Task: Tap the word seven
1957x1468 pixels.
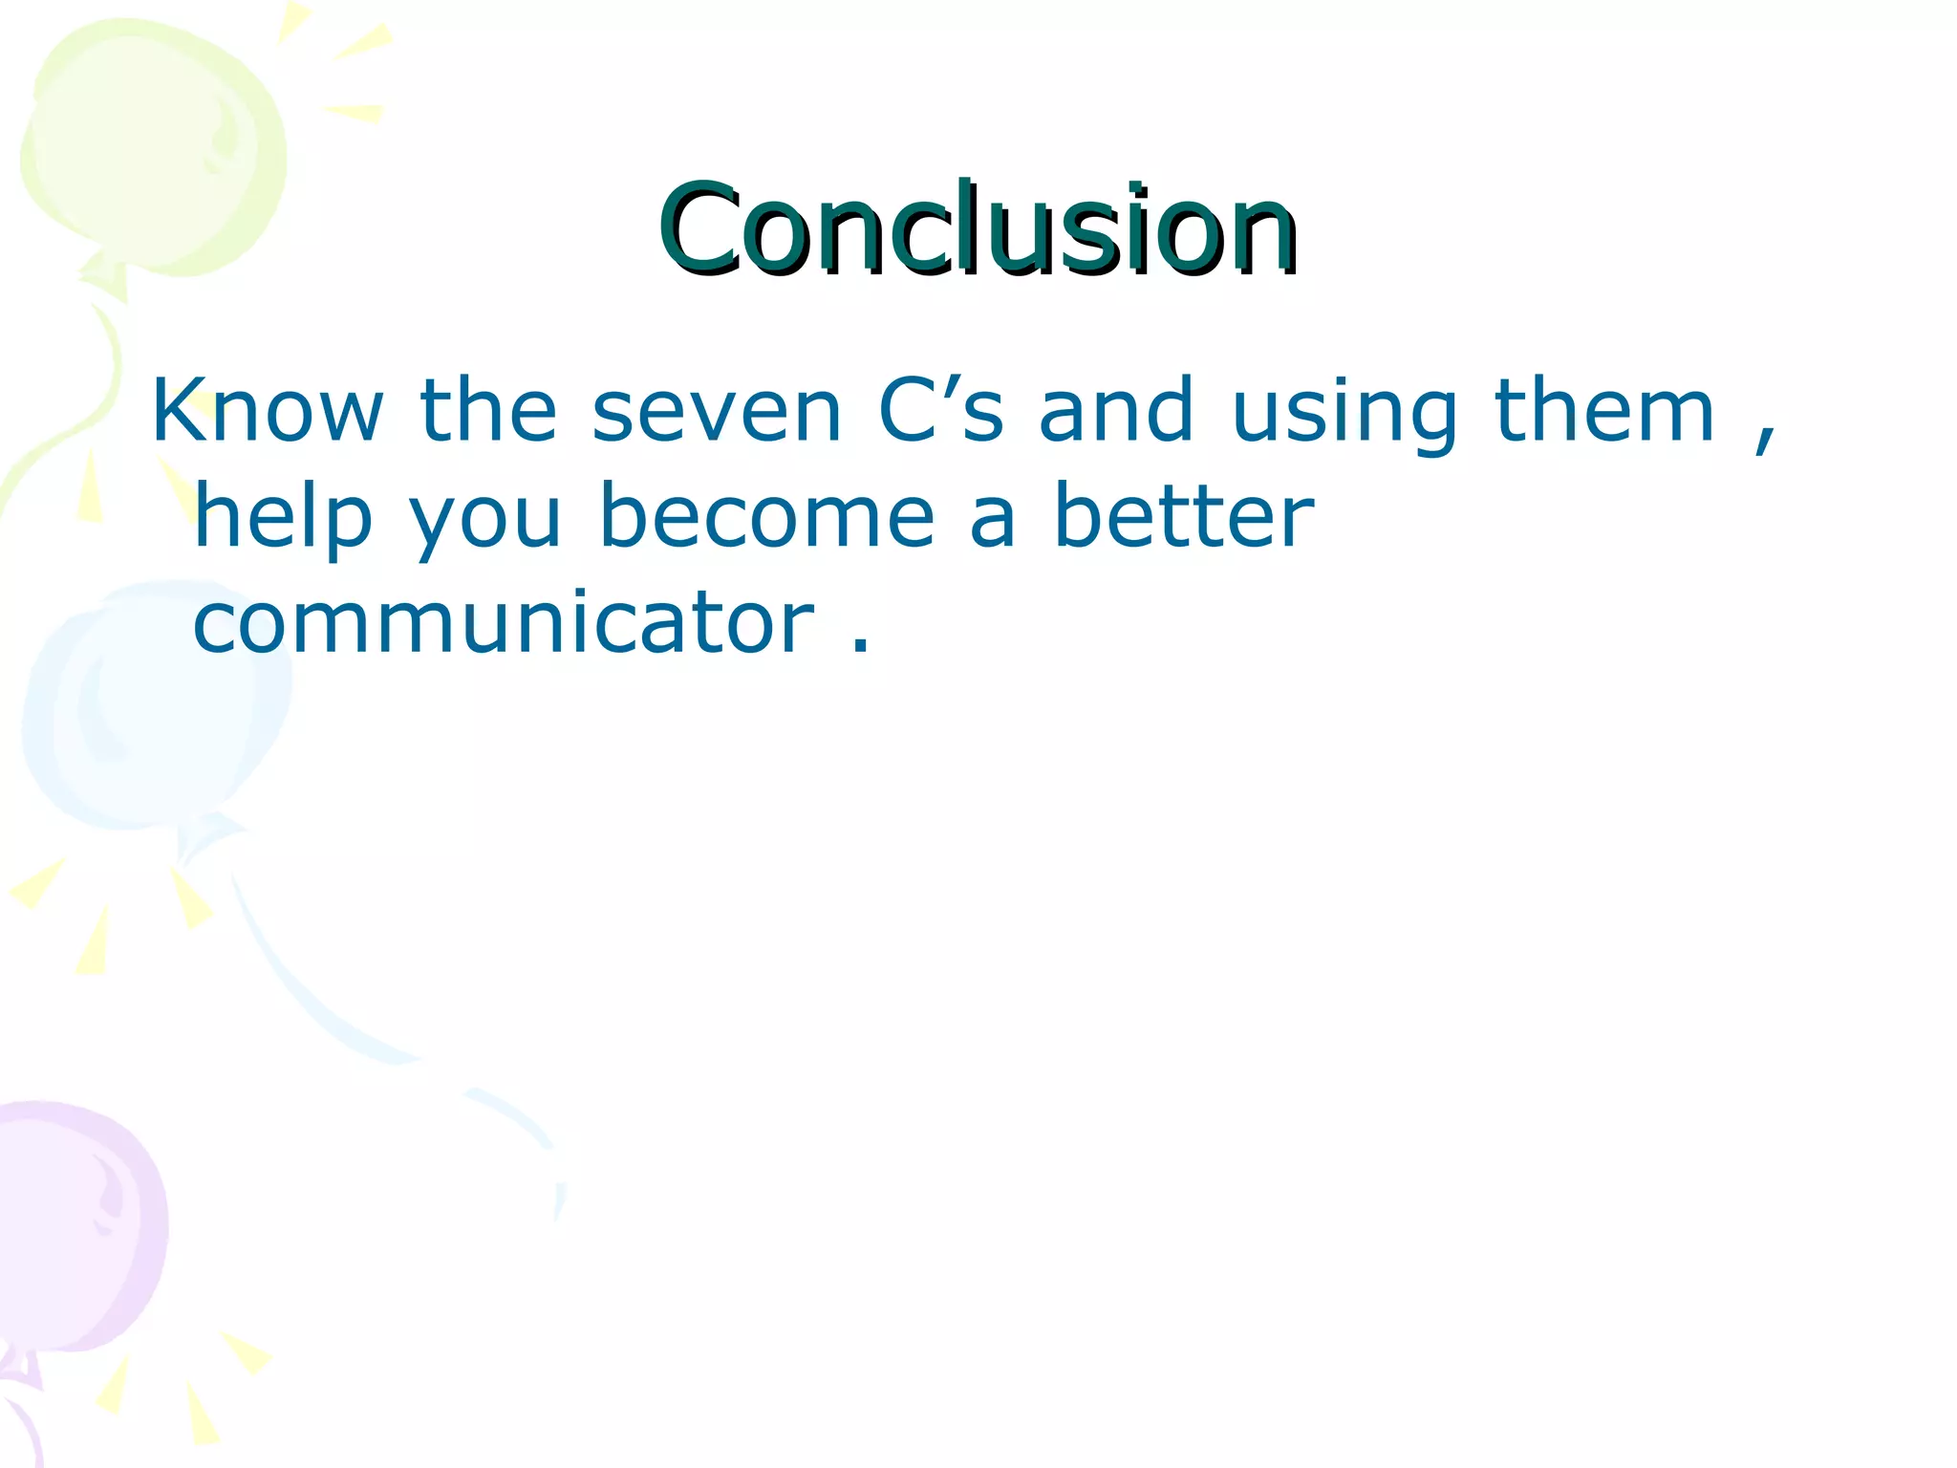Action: pos(717,413)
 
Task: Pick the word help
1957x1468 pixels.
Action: pos(283,518)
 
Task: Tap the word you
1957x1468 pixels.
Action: pos(485,524)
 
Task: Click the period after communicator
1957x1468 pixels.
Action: pos(860,646)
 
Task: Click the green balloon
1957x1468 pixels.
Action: pos(153,143)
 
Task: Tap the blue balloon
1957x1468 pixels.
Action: pos(153,707)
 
